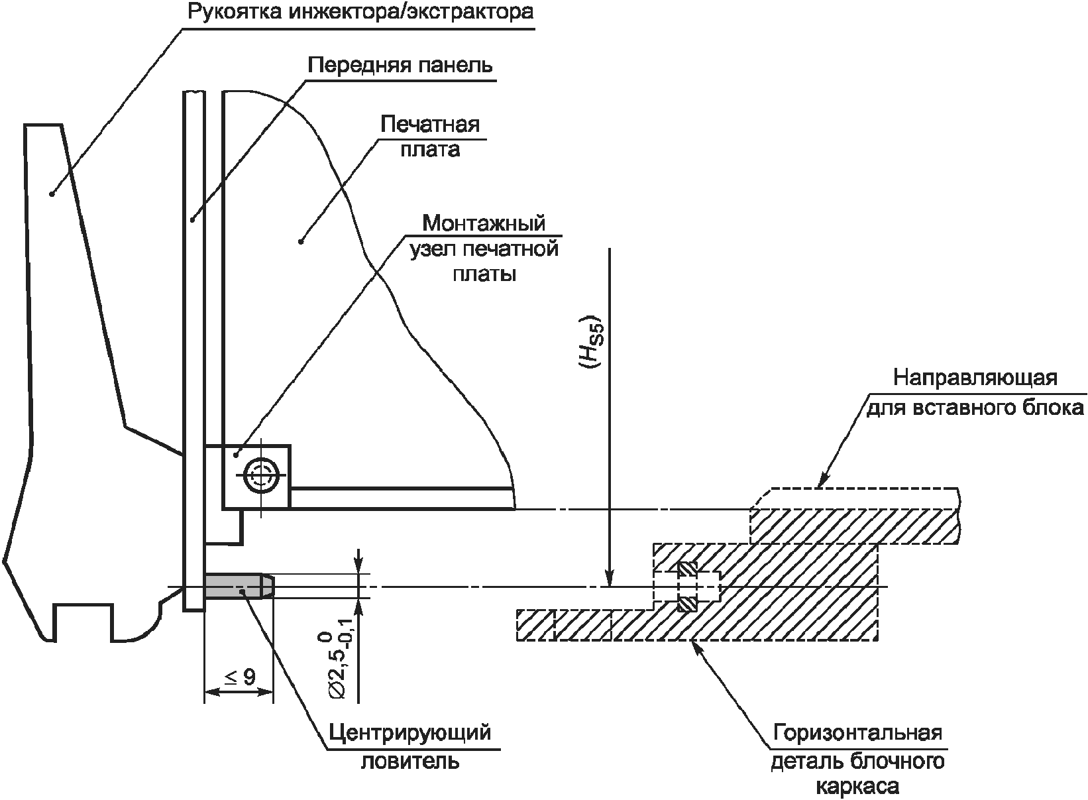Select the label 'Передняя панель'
[400, 65]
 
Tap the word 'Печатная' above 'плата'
[429, 124]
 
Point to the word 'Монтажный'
[484, 222]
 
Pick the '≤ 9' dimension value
[239, 677]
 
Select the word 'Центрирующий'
[411, 732]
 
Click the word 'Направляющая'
[975, 378]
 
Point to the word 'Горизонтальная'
[857, 734]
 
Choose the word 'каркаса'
[857, 787]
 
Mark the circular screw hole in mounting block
[259, 475]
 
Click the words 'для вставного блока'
[975, 406]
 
